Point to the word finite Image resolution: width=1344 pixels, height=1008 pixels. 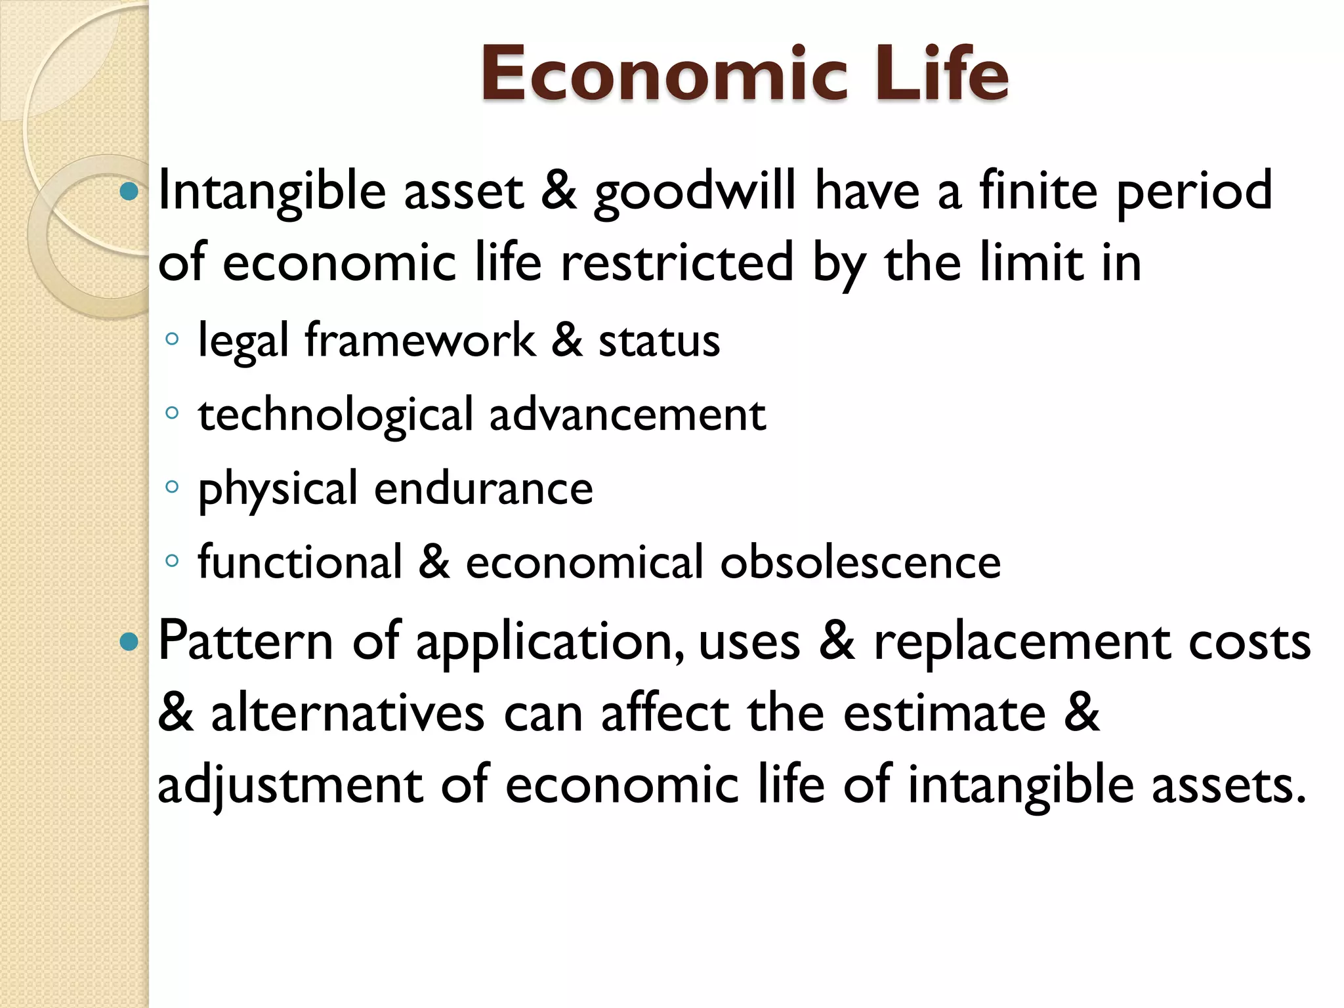coord(1038,190)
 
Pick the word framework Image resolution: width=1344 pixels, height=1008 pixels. coord(420,341)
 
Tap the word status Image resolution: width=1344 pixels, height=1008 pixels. coord(659,341)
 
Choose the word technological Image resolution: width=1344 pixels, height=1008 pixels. coord(335,416)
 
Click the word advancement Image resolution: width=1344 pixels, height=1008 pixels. coord(627,415)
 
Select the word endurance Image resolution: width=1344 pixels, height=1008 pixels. coord(484,489)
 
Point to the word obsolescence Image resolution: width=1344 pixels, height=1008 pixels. coord(860,562)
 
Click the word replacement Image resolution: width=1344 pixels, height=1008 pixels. coord(1022,641)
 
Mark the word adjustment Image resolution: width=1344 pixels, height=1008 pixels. coord(290,786)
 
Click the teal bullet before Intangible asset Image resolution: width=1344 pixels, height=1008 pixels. coord(130,192)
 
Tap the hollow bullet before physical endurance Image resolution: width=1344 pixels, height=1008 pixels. coord(172,487)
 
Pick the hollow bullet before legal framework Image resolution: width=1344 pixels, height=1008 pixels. coord(172,339)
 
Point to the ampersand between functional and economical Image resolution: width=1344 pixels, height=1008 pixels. coord(434,562)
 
